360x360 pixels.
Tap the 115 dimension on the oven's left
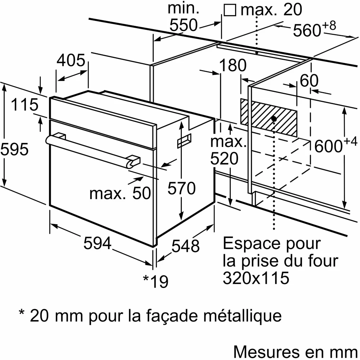[x=24, y=105]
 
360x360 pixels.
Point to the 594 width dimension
[x=97, y=244]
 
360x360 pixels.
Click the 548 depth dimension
[x=185, y=246]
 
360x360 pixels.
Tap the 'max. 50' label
[x=120, y=194]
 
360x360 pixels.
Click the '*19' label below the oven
[x=156, y=281]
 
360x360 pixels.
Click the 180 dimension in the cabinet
[x=233, y=66]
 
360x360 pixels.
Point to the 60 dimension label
[x=309, y=81]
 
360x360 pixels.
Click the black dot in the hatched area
[x=274, y=118]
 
